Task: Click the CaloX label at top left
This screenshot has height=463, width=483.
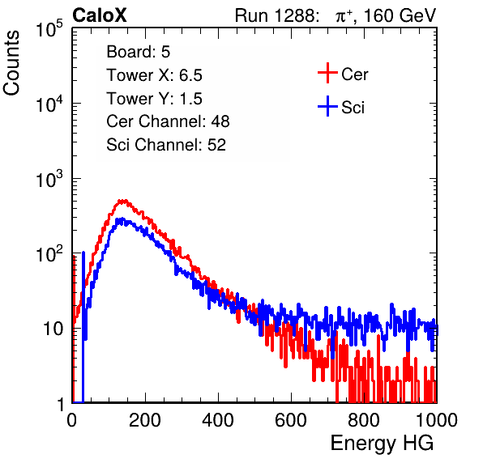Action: pyautogui.click(x=100, y=15)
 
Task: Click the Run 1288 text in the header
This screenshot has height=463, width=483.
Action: pyautogui.click(x=276, y=15)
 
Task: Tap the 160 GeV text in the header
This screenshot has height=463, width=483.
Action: pyautogui.click(x=400, y=15)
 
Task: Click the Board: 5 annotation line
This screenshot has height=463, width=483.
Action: pyautogui.click(x=139, y=52)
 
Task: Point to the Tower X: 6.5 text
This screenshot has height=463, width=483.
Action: pyautogui.click(x=154, y=75)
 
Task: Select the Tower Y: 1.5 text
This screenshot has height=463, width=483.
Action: pyautogui.click(x=154, y=99)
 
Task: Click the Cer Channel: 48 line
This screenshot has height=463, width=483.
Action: pyautogui.click(x=168, y=121)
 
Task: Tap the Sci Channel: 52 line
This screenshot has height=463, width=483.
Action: pyautogui.click(x=166, y=145)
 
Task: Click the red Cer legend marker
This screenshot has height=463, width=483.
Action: pyautogui.click(x=327, y=73)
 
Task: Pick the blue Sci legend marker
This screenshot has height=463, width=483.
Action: pyautogui.click(x=327, y=106)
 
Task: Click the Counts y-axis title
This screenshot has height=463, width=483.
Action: pyautogui.click(x=11, y=63)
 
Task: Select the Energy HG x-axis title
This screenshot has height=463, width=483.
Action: pyautogui.click(x=382, y=444)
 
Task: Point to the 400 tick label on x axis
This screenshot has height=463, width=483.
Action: pyautogui.click(x=218, y=420)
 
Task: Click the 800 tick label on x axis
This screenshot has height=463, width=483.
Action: pyautogui.click(x=364, y=420)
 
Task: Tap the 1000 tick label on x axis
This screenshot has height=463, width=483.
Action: pyautogui.click(x=437, y=420)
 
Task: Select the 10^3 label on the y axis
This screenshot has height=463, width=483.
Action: pyautogui.click(x=49, y=179)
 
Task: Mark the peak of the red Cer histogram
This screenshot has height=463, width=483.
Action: pyautogui.click(x=123, y=201)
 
